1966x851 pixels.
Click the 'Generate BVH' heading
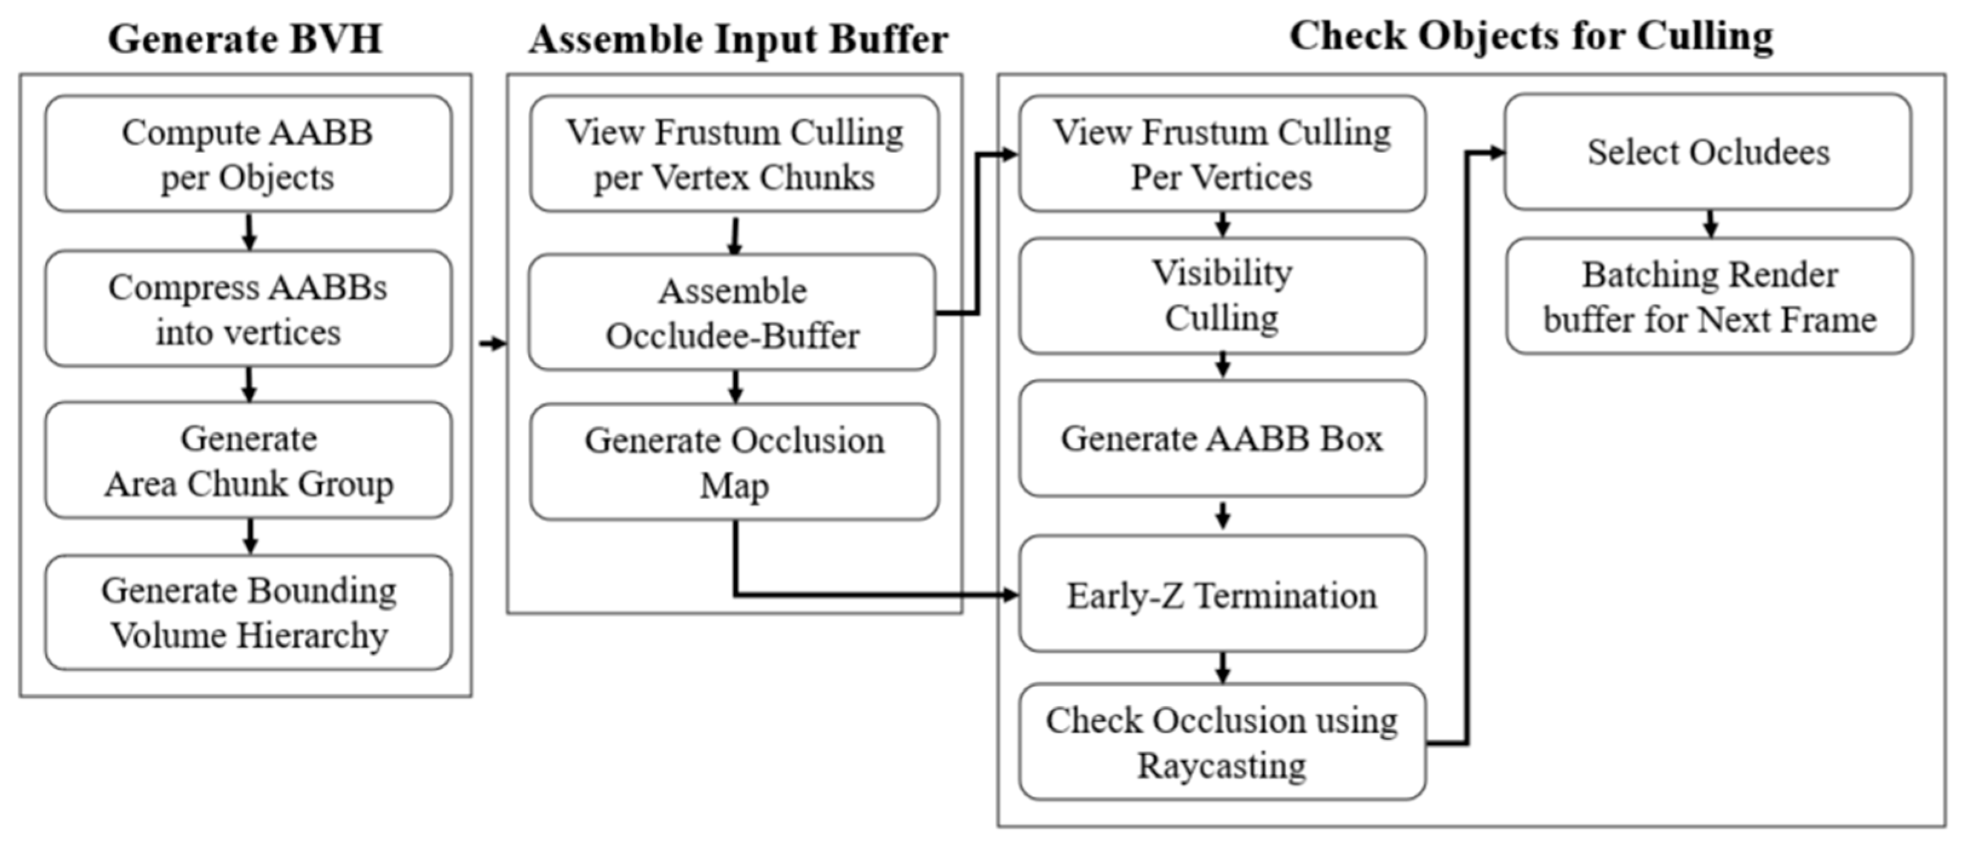point(245,39)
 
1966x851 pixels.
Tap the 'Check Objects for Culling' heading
point(1531,36)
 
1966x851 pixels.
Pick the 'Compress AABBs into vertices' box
point(248,309)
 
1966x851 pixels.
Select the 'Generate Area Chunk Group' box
point(248,460)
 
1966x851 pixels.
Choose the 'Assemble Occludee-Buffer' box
point(732,313)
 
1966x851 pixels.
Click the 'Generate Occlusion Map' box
point(734,462)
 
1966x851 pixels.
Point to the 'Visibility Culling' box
point(1222,295)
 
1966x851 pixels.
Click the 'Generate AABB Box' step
point(1222,438)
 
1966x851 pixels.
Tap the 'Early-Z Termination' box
point(1222,594)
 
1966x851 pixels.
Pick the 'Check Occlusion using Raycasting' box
point(1222,742)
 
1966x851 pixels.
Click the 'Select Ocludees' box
point(1708,152)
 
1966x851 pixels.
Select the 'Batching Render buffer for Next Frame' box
point(1709,296)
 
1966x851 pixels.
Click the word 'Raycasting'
point(1222,766)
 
